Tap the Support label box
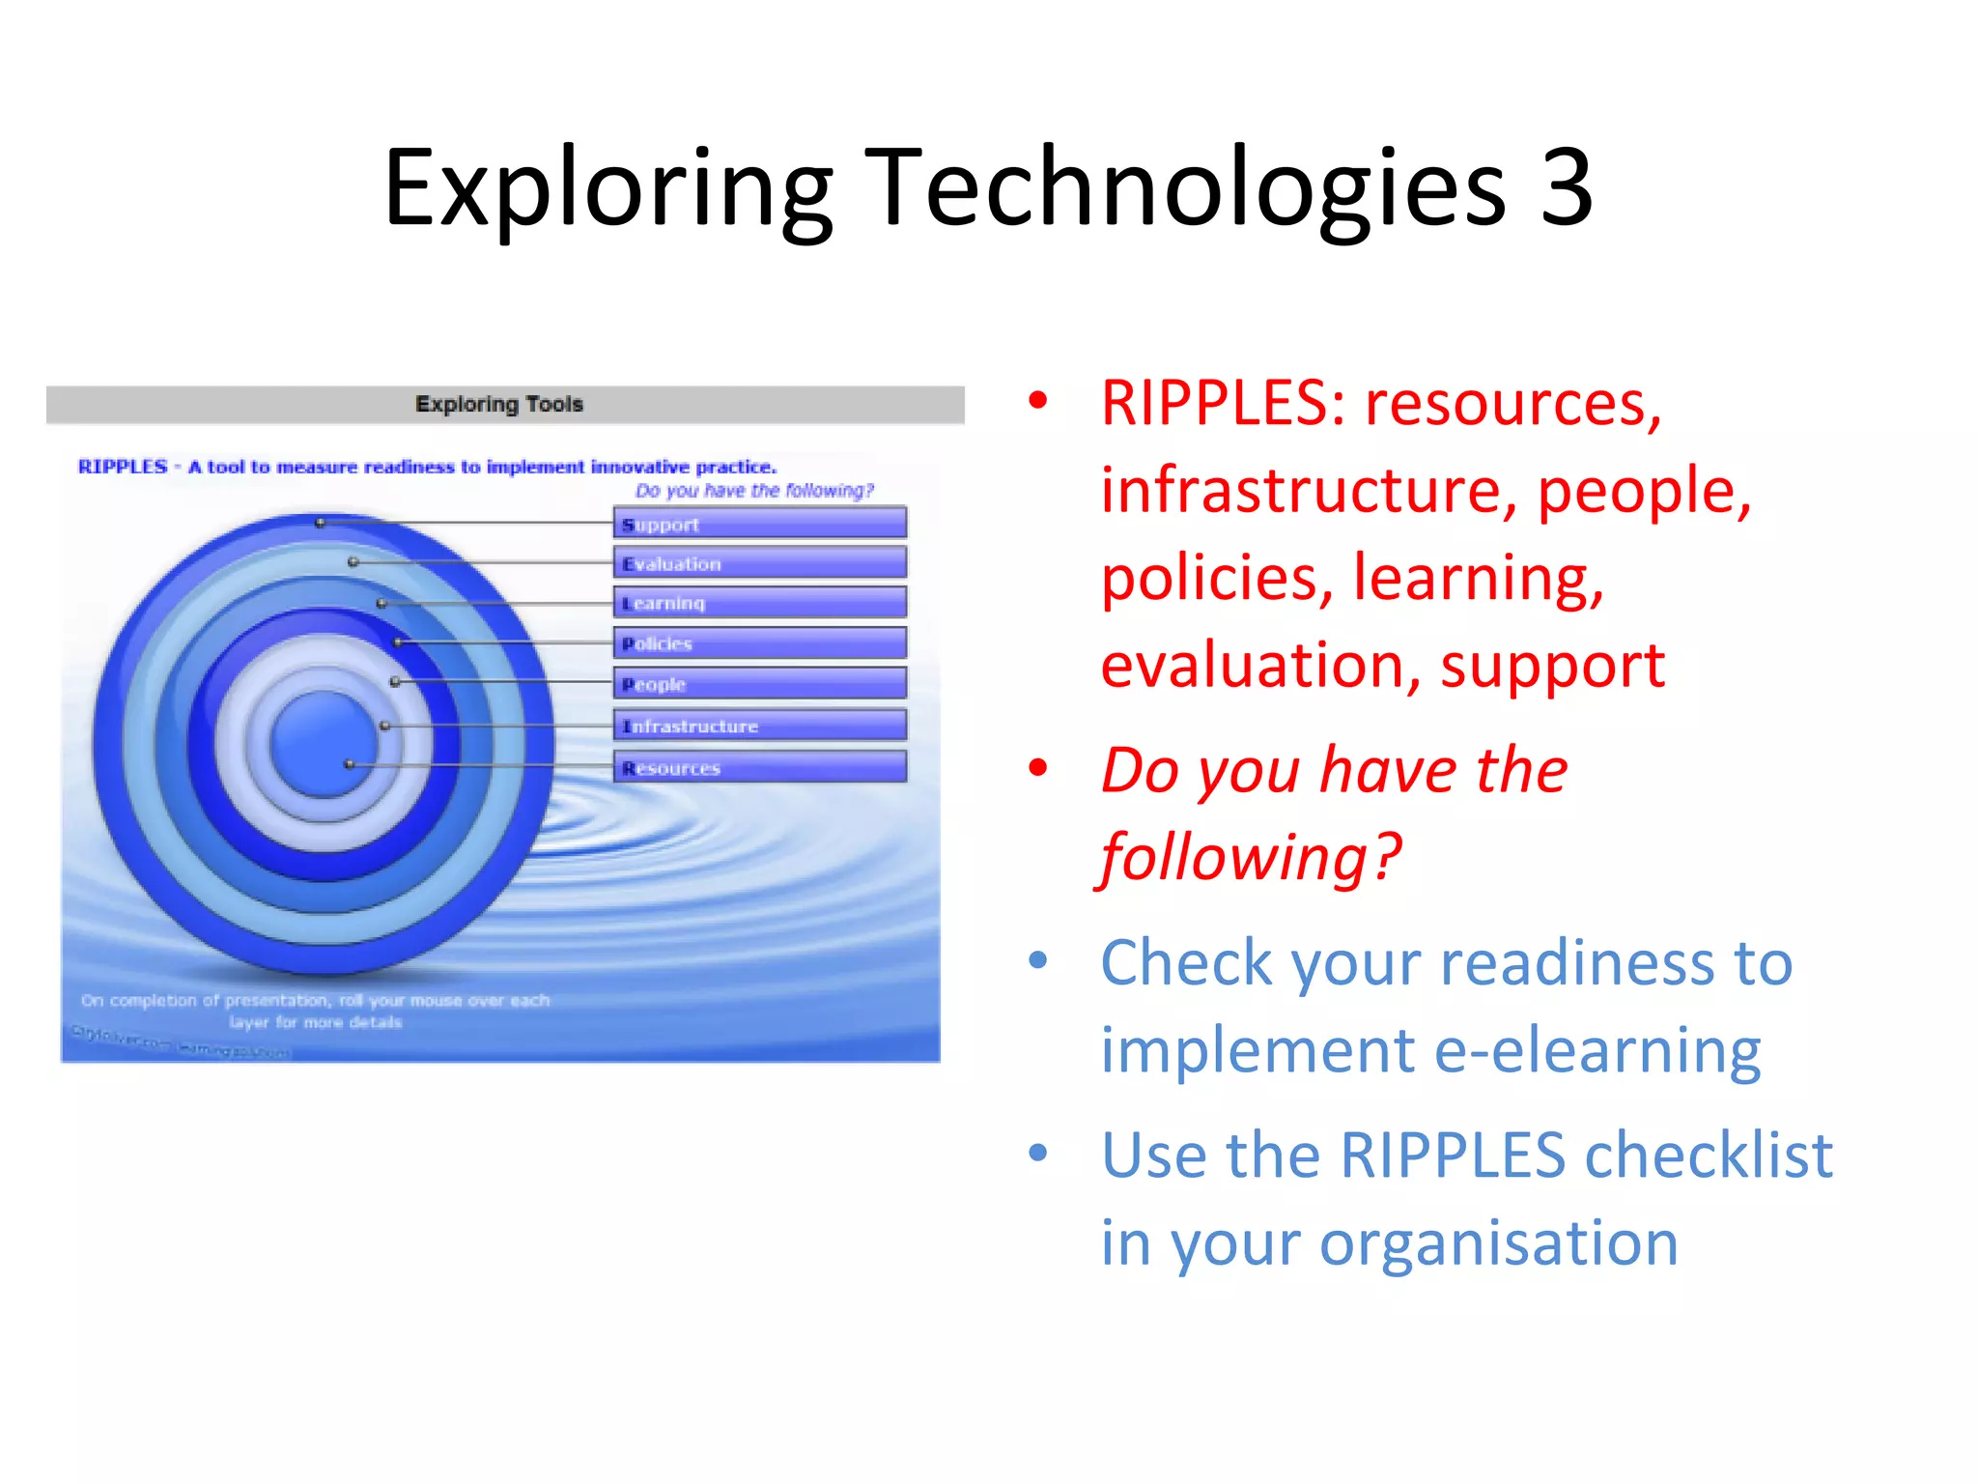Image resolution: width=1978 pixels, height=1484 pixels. coord(760,524)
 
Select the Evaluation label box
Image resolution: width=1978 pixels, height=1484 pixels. coord(760,563)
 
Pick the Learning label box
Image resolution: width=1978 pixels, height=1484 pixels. coord(760,603)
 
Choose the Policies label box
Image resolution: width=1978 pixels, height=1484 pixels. coord(760,643)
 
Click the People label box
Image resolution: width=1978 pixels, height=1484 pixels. coord(760,684)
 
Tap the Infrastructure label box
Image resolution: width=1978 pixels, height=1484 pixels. coord(760,726)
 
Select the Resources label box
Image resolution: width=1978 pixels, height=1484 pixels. coord(760,767)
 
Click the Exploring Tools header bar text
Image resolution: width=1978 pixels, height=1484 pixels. coord(499,404)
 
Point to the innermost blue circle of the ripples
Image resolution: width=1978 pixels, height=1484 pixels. coord(324,744)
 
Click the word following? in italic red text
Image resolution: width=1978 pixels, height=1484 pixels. coord(1251,857)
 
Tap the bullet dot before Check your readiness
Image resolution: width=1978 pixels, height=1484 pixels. coord(1038,960)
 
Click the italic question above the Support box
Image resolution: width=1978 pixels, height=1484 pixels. coord(754,491)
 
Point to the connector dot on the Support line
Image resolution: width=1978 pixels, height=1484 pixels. coord(321,523)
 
